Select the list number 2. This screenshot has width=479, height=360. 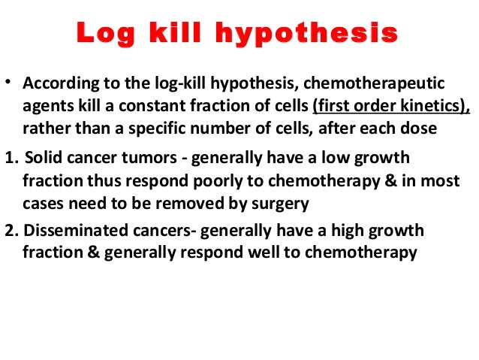click(x=8, y=230)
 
